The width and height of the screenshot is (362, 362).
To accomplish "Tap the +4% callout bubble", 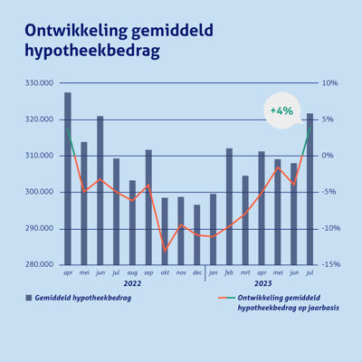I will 281,110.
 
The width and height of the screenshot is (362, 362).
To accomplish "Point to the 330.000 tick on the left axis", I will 41,83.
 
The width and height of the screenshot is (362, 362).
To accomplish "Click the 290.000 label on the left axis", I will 41,228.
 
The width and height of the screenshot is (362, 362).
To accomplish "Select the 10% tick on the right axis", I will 330,83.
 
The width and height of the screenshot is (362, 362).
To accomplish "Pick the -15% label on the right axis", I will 329,264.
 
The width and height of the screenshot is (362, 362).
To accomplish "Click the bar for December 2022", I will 197,234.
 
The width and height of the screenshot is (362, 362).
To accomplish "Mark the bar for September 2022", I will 148,207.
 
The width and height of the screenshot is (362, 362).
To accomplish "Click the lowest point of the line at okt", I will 165,249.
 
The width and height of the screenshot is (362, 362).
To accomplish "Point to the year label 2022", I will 132,283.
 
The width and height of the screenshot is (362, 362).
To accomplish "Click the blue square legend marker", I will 29,297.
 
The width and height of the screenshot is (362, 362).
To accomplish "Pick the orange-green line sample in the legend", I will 227,297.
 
